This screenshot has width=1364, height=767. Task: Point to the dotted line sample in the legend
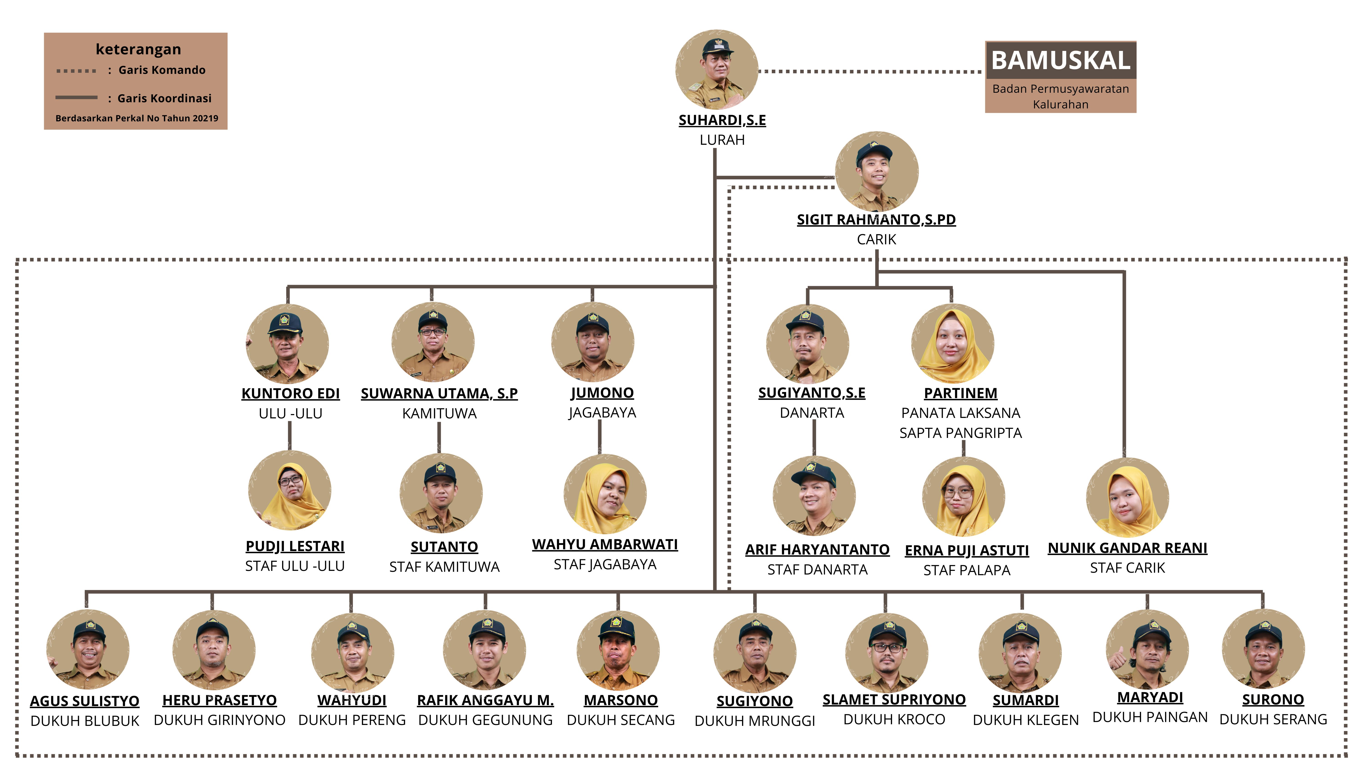76,70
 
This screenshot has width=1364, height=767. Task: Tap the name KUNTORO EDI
290,393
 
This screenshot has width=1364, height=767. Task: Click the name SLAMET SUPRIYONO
894,700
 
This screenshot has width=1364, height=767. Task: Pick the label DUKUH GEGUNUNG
485,720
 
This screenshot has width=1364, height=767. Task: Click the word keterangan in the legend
138,49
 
